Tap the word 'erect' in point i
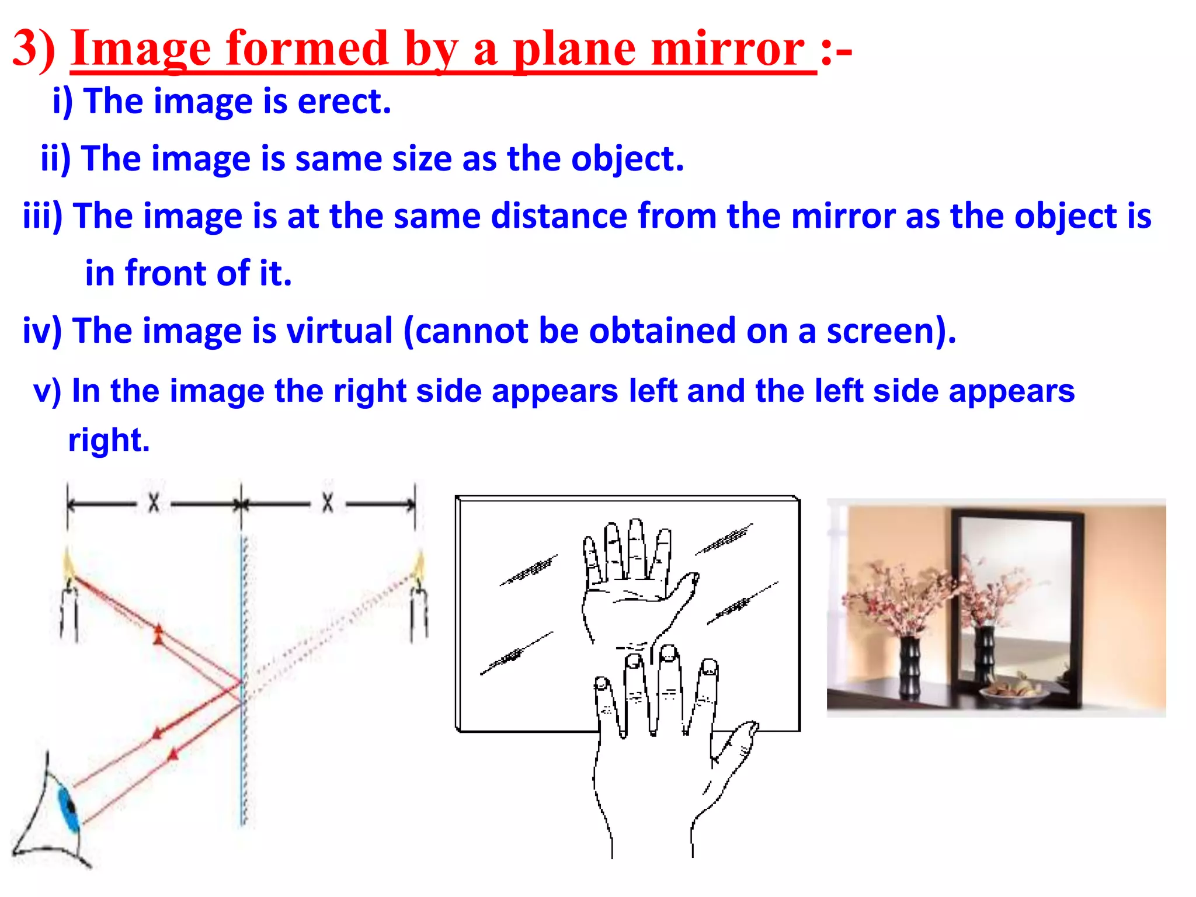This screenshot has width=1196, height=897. (x=343, y=102)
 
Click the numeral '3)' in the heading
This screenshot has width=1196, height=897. (x=34, y=50)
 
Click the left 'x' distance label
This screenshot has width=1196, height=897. (x=154, y=503)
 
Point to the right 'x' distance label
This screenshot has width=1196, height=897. (x=328, y=503)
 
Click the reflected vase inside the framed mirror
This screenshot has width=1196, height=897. (x=983, y=654)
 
